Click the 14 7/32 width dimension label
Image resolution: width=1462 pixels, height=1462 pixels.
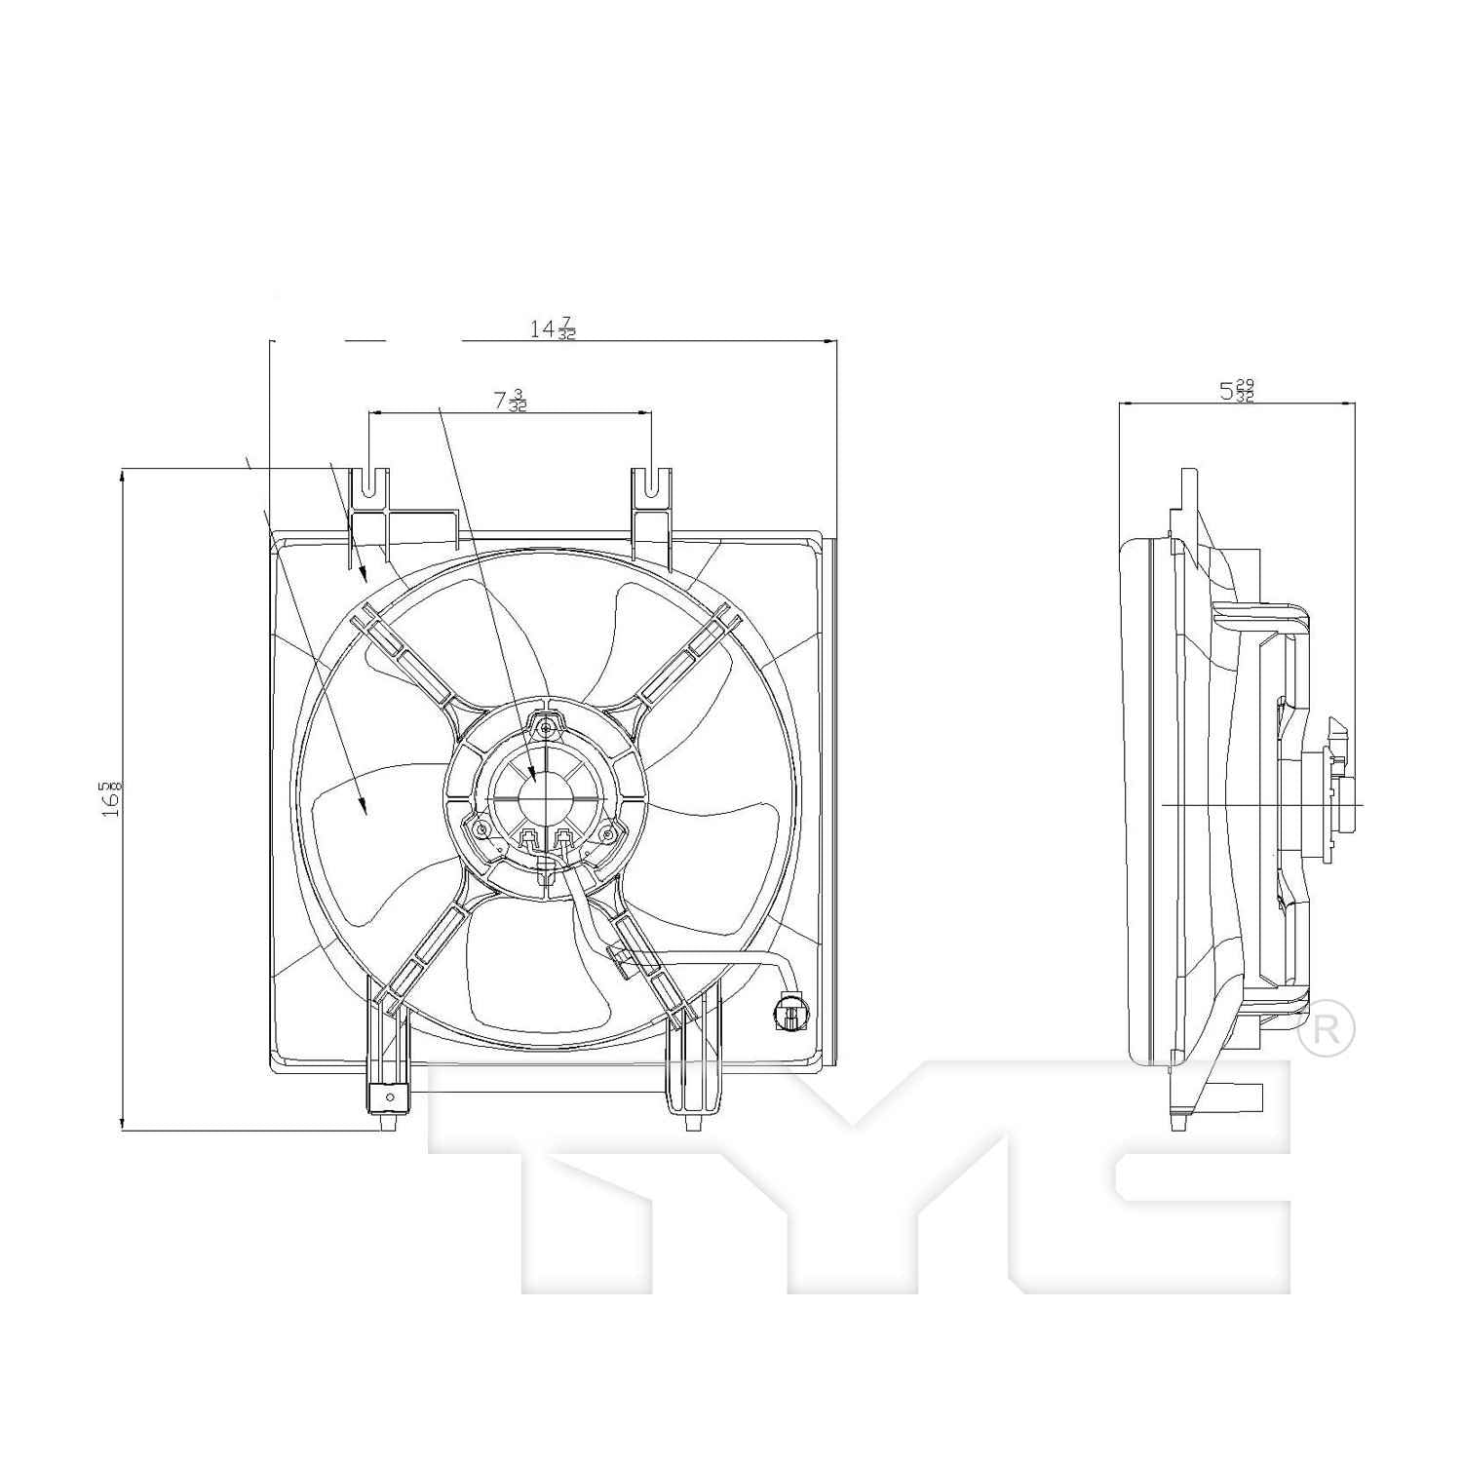point(552,328)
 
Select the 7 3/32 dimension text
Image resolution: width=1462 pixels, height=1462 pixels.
point(510,401)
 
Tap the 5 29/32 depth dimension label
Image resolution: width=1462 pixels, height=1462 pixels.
point(1237,391)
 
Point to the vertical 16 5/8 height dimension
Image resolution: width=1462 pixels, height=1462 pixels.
point(112,798)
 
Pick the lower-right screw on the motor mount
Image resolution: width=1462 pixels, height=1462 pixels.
point(608,834)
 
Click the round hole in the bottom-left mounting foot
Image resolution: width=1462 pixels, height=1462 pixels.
point(390,1098)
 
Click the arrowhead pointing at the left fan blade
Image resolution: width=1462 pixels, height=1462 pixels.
point(364,806)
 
